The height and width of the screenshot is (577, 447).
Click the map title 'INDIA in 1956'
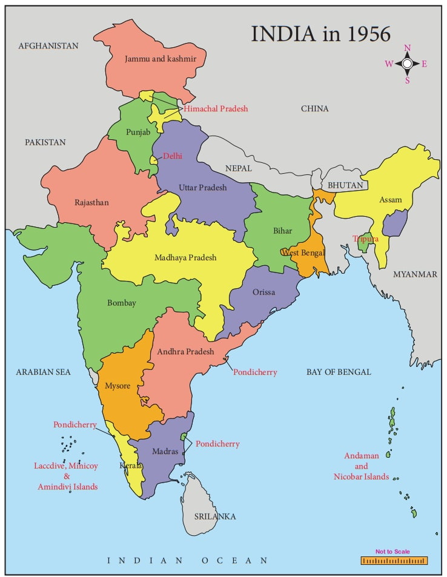[x=320, y=34]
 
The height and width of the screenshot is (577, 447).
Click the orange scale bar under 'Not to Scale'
[x=394, y=561]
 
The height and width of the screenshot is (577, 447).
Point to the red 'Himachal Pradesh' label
[x=216, y=108]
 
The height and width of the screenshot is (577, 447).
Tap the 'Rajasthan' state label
[x=91, y=202]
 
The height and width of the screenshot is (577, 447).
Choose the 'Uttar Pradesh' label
[x=202, y=187]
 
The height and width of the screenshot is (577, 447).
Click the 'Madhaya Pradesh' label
[x=185, y=257]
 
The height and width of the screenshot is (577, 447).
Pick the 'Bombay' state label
[x=122, y=303]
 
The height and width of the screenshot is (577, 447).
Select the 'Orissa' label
[x=264, y=292]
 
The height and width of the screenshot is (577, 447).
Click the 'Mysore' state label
[x=118, y=386]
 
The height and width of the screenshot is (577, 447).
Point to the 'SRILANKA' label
[x=215, y=516]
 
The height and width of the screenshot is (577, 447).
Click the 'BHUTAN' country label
[x=345, y=185]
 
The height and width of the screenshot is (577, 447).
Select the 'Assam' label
[x=390, y=199]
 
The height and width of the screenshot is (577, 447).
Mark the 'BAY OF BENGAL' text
[x=339, y=372]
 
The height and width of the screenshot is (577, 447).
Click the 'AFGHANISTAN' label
[x=48, y=46]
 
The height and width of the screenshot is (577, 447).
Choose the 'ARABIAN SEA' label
[x=43, y=372]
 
